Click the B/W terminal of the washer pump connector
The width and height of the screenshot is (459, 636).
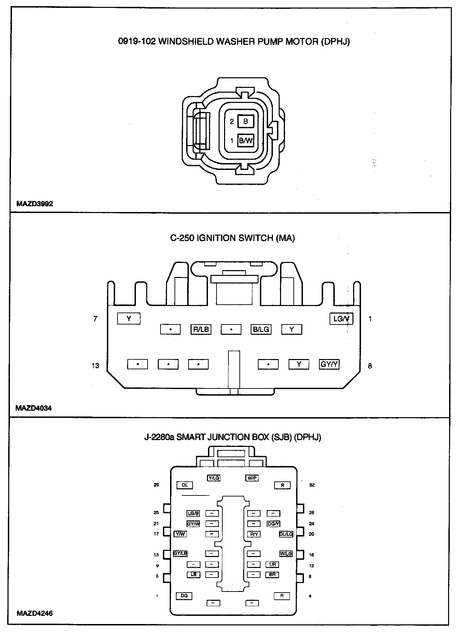pyautogui.click(x=246, y=141)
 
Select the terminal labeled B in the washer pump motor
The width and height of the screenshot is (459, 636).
pyautogui.click(x=246, y=121)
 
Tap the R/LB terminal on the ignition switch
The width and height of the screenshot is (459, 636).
pyautogui.click(x=201, y=329)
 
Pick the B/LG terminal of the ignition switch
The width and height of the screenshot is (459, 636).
pyautogui.click(x=261, y=329)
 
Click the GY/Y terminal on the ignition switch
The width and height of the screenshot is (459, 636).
pyautogui.click(x=329, y=364)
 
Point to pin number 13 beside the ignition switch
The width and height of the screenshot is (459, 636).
pyautogui.click(x=95, y=366)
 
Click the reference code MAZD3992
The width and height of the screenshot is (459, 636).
pyautogui.click(x=35, y=204)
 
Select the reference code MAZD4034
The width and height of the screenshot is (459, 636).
pyautogui.click(x=34, y=408)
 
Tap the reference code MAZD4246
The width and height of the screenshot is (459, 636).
pyautogui.click(x=35, y=623)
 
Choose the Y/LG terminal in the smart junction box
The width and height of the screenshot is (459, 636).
pyautogui.click(x=214, y=478)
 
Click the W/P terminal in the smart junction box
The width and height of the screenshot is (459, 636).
pyautogui.click(x=252, y=478)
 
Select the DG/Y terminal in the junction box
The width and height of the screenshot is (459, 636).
pyautogui.click(x=274, y=524)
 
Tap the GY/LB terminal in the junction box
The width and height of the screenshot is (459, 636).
pyautogui.click(x=180, y=554)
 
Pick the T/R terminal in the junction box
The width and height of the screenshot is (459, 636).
pyautogui.click(x=272, y=565)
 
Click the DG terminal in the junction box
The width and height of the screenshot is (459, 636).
pyautogui.click(x=184, y=596)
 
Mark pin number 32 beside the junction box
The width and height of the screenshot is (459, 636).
pyautogui.click(x=311, y=485)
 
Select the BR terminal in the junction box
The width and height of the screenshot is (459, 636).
pyautogui.click(x=272, y=575)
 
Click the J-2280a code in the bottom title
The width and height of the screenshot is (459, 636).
pyautogui.click(x=159, y=437)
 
